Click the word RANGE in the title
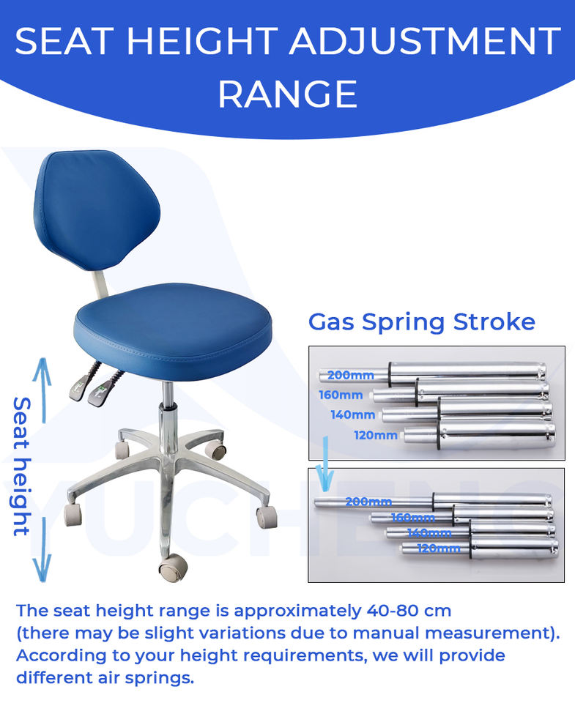(x=287, y=94)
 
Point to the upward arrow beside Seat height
(x=43, y=390)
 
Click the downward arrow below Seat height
(x=42, y=549)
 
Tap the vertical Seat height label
(x=21, y=466)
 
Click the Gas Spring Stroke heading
(x=422, y=322)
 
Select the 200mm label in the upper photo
(x=350, y=375)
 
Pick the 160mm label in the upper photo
(x=341, y=395)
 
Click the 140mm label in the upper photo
(x=352, y=414)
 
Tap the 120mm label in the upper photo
(x=376, y=435)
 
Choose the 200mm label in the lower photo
(x=368, y=501)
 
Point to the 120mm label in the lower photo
(x=439, y=548)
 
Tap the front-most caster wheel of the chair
(x=172, y=568)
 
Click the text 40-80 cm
(x=409, y=611)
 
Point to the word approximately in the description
(x=297, y=611)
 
